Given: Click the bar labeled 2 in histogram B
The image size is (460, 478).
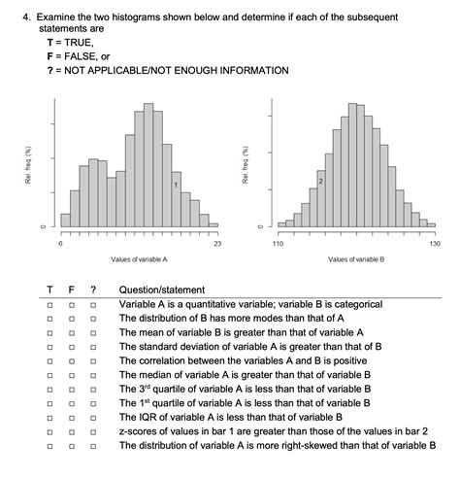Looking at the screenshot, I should click(x=320, y=194).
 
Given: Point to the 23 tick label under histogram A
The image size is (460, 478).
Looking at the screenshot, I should click(x=216, y=244).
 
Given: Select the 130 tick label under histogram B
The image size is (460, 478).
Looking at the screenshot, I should click(x=434, y=244).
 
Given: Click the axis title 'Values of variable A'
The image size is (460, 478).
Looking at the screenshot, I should click(x=139, y=259).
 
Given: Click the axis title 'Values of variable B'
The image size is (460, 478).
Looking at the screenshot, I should click(x=356, y=259).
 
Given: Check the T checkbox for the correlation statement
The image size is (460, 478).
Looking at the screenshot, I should click(x=49, y=360).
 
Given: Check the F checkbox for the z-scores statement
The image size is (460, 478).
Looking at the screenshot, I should click(x=72, y=431).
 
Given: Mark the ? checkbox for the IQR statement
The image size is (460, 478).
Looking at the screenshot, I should click(x=93, y=417).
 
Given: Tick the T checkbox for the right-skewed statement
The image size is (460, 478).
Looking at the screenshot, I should click(x=49, y=445).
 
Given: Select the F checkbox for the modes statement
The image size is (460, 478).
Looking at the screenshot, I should click(x=72, y=318).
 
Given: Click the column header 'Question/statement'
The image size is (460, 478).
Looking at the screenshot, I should click(x=162, y=290).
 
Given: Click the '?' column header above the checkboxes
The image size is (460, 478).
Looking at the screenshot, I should click(x=93, y=290).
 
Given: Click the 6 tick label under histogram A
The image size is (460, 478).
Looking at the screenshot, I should click(x=61, y=244).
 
